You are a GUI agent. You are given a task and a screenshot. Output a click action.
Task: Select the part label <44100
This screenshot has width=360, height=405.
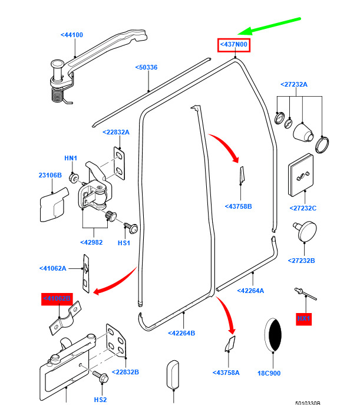point(71,35)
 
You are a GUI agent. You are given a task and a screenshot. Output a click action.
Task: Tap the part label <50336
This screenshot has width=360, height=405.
point(146,67)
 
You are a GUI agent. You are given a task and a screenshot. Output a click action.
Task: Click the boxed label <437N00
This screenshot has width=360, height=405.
point(234,45)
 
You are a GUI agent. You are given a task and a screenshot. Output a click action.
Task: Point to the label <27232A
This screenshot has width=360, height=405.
point(294,84)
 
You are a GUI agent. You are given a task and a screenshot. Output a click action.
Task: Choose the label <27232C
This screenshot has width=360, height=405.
point(303,208)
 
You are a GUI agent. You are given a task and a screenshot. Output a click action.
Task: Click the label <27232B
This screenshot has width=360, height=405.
point(301,261)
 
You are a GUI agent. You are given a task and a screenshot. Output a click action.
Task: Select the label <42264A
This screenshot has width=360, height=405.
point(250,291)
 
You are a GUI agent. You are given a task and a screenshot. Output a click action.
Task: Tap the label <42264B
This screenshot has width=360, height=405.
point(181,333)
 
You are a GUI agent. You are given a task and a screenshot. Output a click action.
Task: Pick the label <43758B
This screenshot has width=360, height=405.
point(238,206)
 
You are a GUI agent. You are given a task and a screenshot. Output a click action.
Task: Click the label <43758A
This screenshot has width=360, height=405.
point(226,373)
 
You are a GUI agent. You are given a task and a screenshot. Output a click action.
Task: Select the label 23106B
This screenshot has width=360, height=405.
point(50,175)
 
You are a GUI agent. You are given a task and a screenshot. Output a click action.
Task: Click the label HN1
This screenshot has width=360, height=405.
point(71,159)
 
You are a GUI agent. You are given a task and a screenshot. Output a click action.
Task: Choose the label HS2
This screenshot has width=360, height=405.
point(101,399)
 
